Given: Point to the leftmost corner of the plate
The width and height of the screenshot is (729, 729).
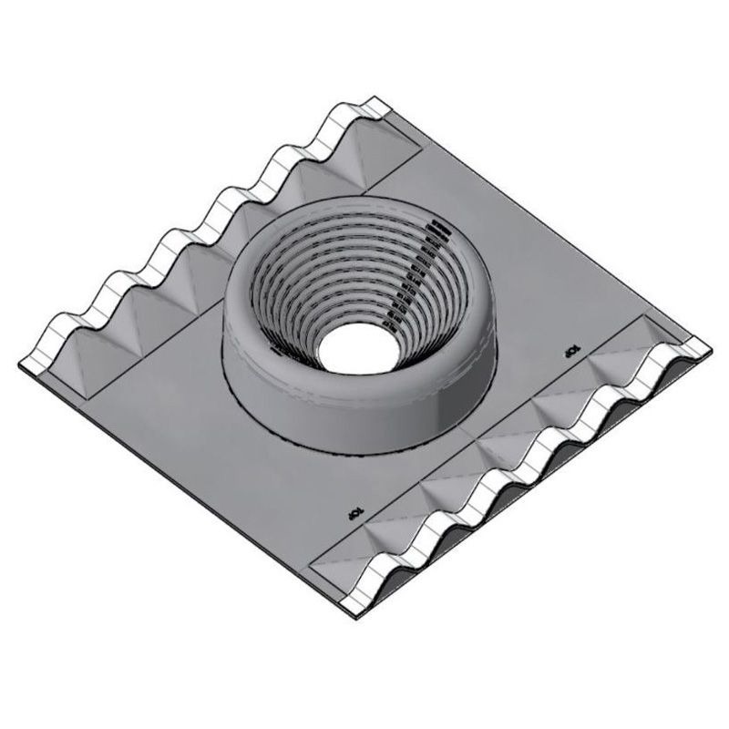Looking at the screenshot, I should (x=20, y=364).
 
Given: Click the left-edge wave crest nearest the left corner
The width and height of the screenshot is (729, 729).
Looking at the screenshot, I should (x=64, y=318).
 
